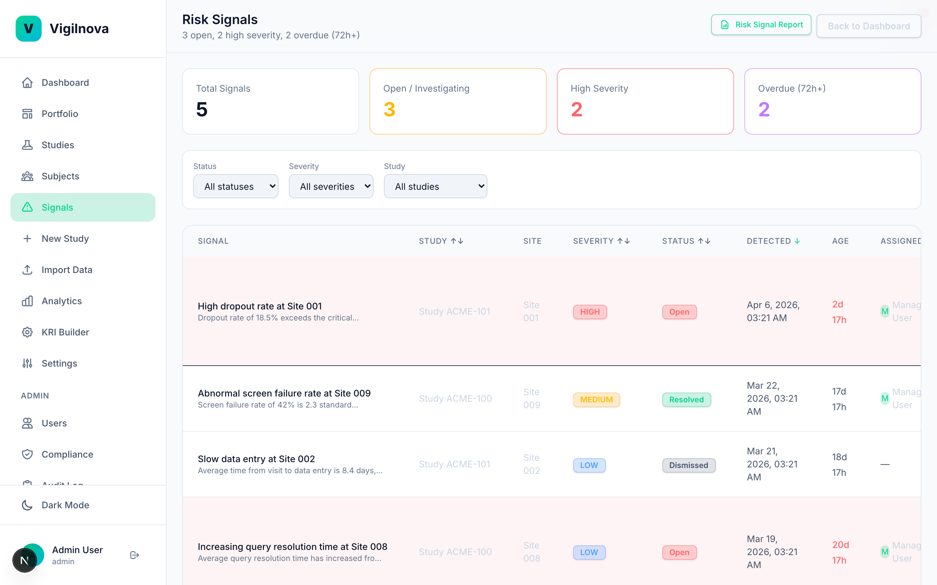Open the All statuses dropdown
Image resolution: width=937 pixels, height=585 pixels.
(236, 187)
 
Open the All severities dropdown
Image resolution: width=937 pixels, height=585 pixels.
(331, 187)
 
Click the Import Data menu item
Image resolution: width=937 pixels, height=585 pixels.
(67, 270)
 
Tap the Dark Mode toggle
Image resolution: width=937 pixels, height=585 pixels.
(65, 505)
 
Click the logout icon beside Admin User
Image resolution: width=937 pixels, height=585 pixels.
(134, 555)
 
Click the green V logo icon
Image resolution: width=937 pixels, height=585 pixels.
(28, 29)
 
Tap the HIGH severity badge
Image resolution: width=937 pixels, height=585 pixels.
(589, 312)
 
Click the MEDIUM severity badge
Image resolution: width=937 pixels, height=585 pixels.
(596, 399)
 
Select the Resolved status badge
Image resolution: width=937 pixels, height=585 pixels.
(686, 399)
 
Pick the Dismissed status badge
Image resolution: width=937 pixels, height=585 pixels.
(688, 465)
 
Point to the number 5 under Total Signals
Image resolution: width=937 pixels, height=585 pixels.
(202, 110)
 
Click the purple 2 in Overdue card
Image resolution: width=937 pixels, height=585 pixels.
(764, 110)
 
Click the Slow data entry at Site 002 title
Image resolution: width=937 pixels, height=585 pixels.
(256, 459)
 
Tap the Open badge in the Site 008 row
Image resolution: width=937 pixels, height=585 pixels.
(679, 552)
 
